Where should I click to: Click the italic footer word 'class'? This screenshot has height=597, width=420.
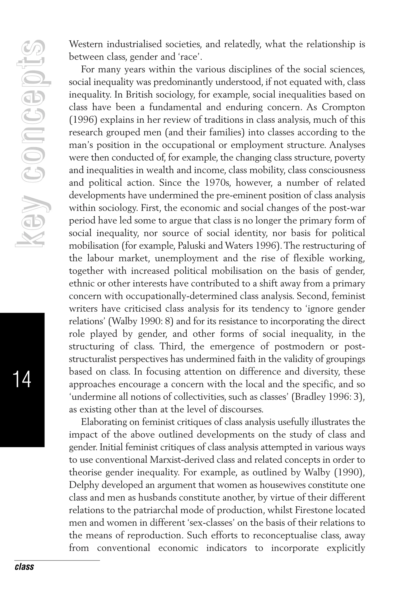tap(24, 566)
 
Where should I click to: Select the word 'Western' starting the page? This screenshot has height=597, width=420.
tap(86, 44)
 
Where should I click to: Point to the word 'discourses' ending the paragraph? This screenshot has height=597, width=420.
tap(241, 409)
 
